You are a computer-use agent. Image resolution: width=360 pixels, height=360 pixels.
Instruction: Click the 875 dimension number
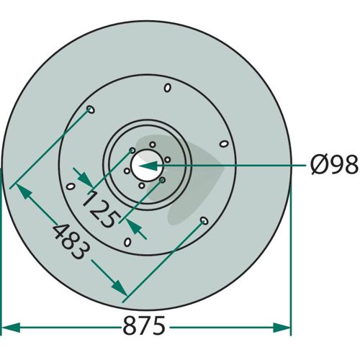click(144, 325)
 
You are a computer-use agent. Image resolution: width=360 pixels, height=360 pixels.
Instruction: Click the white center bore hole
click(146, 165)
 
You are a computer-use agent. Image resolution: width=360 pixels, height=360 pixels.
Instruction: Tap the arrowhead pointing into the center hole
click(148, 166)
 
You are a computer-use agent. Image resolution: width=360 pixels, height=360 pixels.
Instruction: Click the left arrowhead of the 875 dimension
click(11, 328)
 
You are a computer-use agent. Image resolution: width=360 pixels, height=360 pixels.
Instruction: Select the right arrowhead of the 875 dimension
click(282, 328)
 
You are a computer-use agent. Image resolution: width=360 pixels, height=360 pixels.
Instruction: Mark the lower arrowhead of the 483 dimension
click(119, 287)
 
